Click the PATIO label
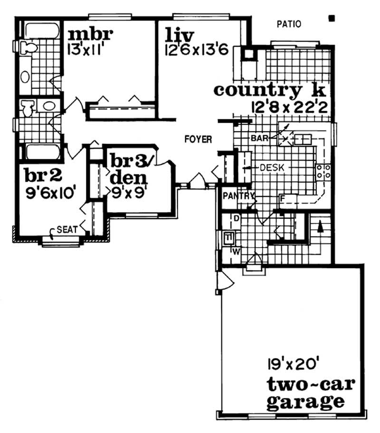click(289, 23)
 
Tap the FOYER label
click(198, 139)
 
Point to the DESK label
click(269, 168)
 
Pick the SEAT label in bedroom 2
click(67, 229)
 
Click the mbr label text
click(90, 35)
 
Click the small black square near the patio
click(332, 19)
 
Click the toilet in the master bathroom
click(29, 47)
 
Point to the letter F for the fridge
click(282, 198)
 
